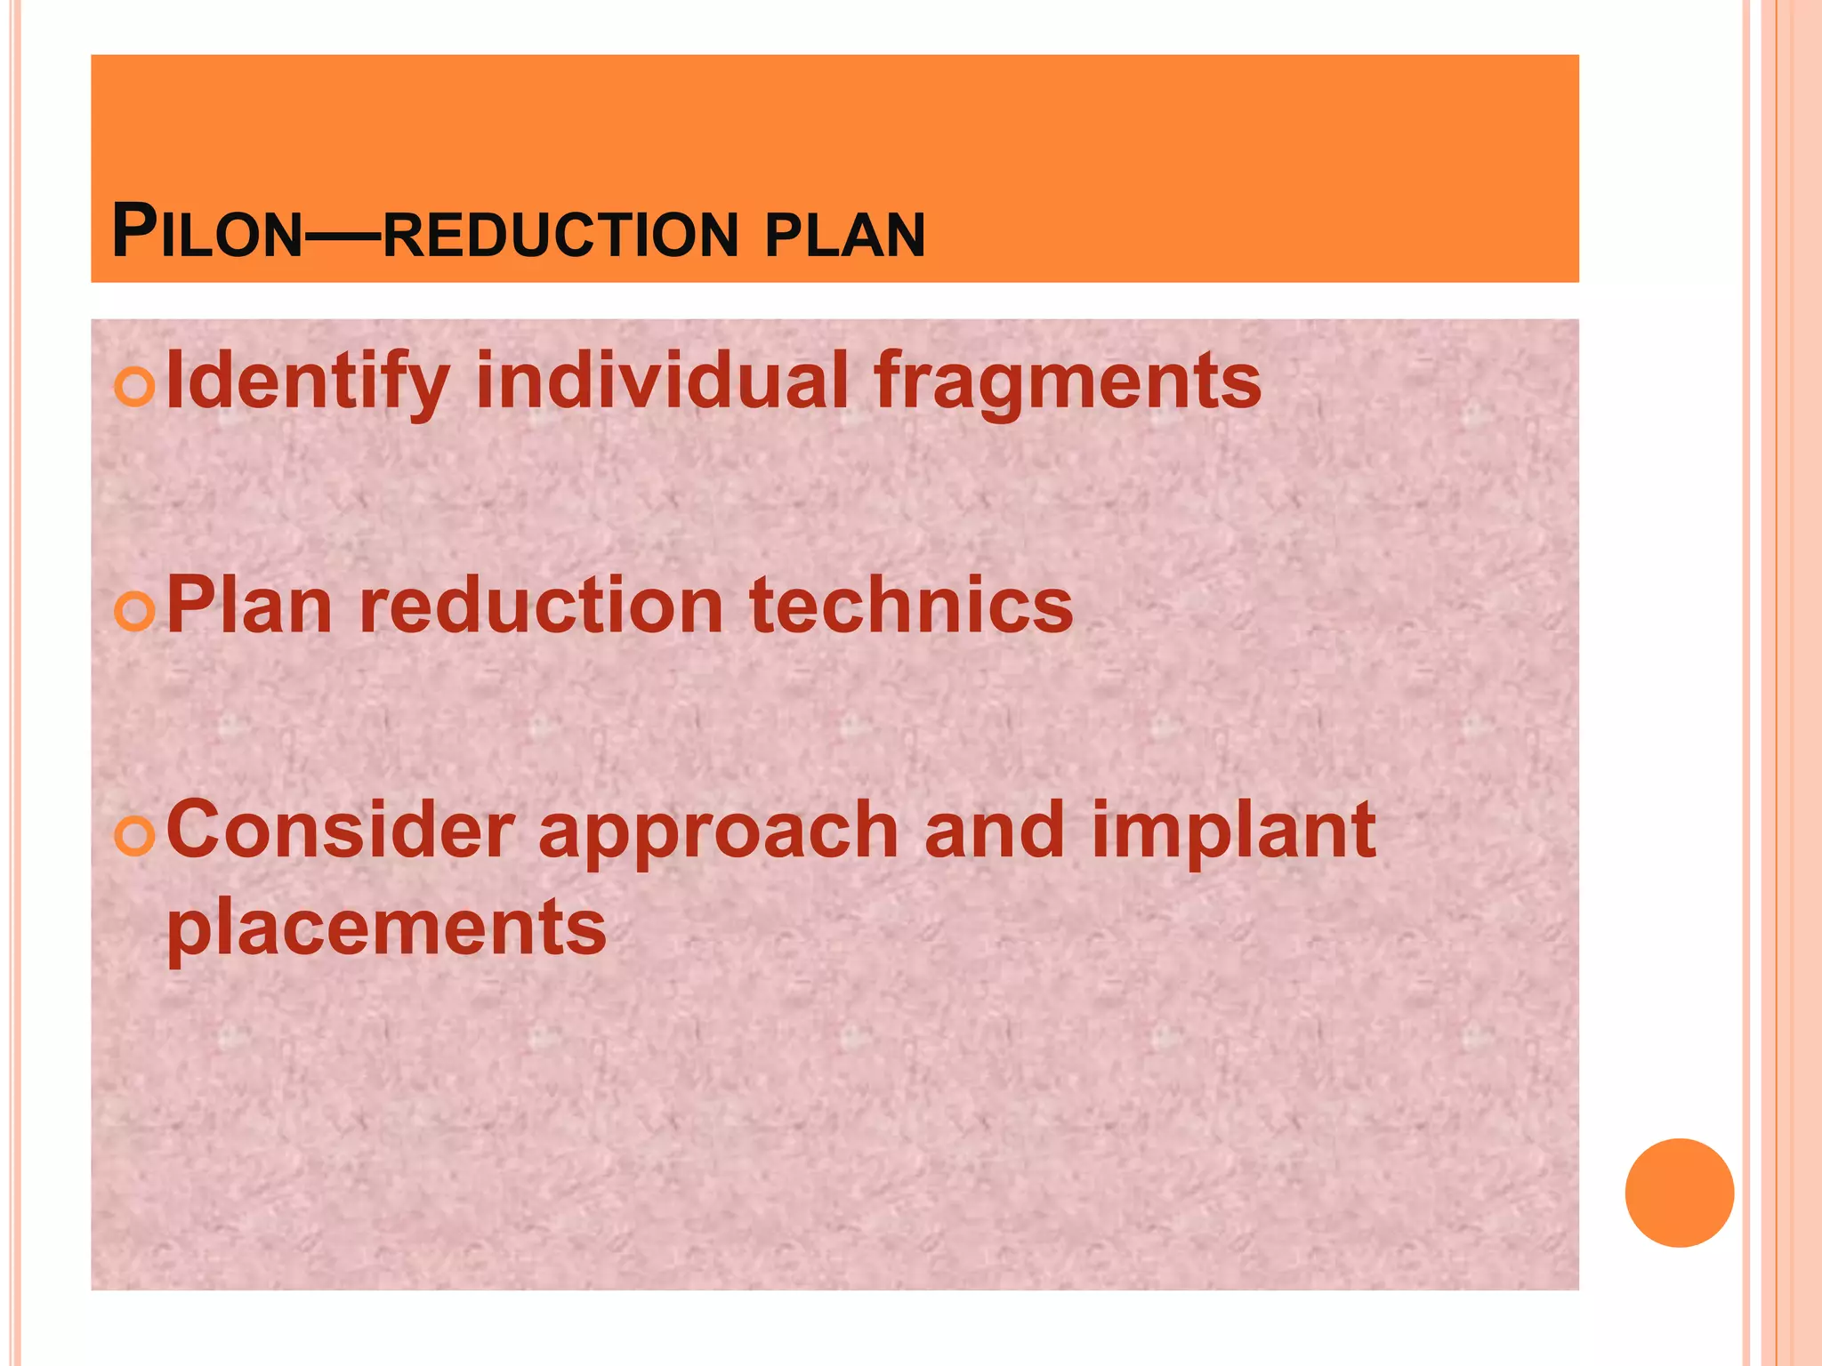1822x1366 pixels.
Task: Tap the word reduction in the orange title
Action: [560, 237]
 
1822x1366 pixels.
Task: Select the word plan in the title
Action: [844, 237]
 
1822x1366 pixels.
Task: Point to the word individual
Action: [662, 381]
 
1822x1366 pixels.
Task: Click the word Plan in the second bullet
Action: [249, 606]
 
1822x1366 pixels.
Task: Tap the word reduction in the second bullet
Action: [541, 607]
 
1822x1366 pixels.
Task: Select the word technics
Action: [912, 607]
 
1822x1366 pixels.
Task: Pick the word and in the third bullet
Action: [994, 831]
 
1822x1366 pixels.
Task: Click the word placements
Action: [387, 930]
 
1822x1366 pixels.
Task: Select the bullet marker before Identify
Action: [135, 389]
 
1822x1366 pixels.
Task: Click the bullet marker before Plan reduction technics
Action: [135, 612]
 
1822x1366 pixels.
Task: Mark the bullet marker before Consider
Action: [135, 837]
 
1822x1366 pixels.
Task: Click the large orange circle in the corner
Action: [1679, 1193]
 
